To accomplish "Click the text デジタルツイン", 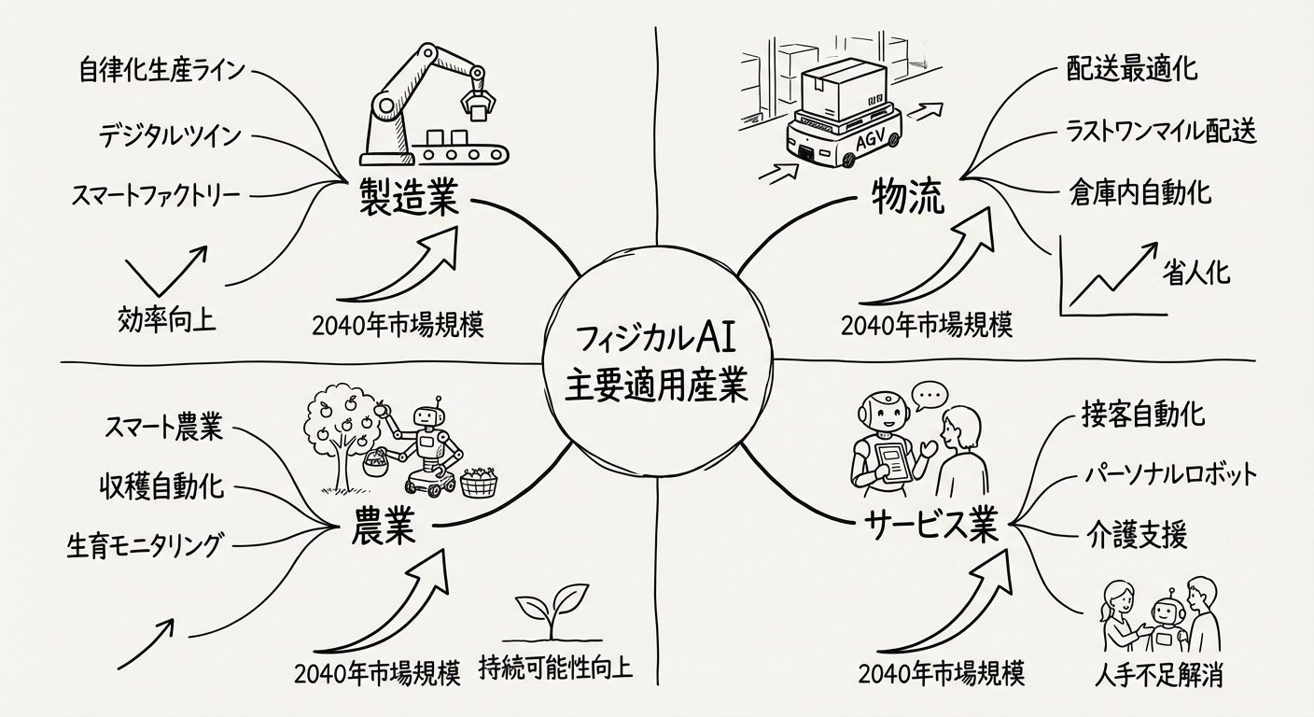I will pos(170,135).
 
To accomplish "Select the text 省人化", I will pos(1195,272).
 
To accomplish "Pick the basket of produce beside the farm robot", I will pos(478,482).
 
